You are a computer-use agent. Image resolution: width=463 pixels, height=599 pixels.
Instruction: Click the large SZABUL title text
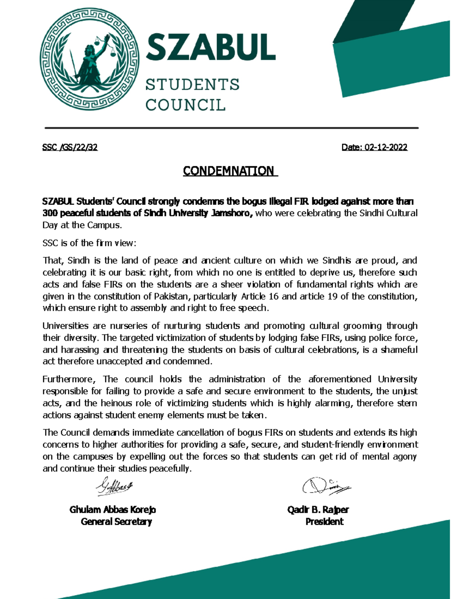tap(210, 47)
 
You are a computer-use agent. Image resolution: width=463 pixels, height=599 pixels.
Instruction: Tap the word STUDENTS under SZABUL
tap(192, 84)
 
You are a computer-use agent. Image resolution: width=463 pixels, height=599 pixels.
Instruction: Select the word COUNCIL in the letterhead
tap(185, 105)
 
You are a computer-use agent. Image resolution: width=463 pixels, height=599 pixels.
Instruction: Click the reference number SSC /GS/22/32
tap(70, 147)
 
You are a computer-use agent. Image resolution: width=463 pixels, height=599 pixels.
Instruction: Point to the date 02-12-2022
tap(385, 147)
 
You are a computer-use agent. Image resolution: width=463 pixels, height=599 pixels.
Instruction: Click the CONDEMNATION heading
tap(230, 171)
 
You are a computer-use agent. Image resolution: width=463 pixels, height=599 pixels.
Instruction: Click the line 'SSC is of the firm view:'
tap(89, 243)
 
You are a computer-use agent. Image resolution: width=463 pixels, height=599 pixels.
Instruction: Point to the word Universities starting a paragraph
tap(65, 326)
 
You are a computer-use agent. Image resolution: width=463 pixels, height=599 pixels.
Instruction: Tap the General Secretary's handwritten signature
tap(114, 487)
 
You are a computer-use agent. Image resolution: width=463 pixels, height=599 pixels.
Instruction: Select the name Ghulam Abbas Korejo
tap(113, 510)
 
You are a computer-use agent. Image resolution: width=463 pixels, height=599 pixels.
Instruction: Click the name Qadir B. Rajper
tap(318, 510)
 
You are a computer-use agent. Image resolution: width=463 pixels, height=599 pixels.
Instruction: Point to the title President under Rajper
tap(324, 522)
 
